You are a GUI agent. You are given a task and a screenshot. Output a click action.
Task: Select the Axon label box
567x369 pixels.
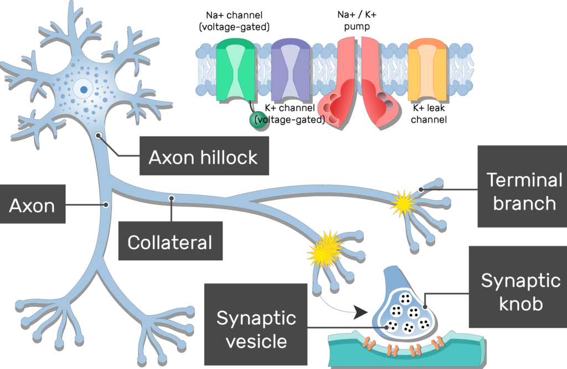[32, 205]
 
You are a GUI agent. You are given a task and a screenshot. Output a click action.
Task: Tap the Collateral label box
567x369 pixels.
[170, 241]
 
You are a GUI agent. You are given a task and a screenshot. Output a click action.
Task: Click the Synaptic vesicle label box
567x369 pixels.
[256, 328]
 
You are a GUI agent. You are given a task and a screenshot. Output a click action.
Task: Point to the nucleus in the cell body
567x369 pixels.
[83, 89]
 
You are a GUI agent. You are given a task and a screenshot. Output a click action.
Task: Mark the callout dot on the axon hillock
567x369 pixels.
[98, 135]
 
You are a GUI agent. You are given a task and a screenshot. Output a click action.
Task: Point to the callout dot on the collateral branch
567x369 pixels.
[172, 198]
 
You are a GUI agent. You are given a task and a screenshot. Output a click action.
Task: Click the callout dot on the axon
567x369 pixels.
[106, 205]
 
